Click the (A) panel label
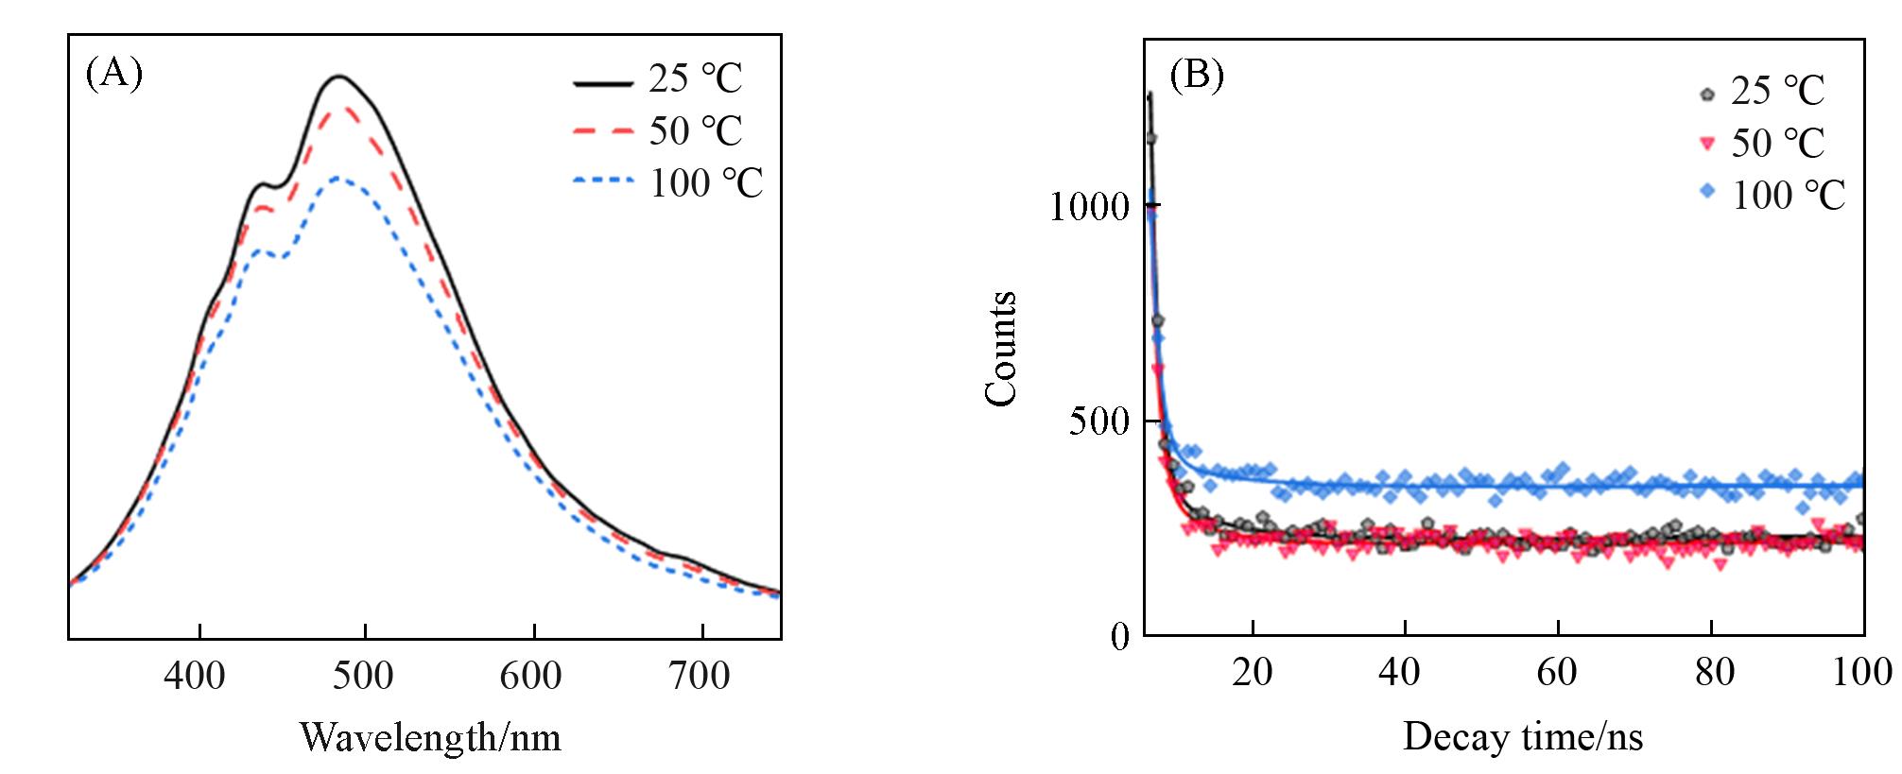pos(113,74)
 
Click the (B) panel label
pos(1196,75)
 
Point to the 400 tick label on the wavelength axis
pos(195,677)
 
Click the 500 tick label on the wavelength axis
pos(364,677)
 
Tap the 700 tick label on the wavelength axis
pos(700,677)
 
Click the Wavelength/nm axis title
pos(430,737)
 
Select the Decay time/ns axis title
pos(1522,736)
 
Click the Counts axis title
pos(1001,349)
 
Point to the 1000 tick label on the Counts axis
pos(1089,206)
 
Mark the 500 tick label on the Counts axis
pos(1099,421)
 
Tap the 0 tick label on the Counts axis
pos(1120,637)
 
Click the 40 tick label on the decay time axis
pos(1399,672)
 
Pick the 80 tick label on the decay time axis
pos(1714,672)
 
